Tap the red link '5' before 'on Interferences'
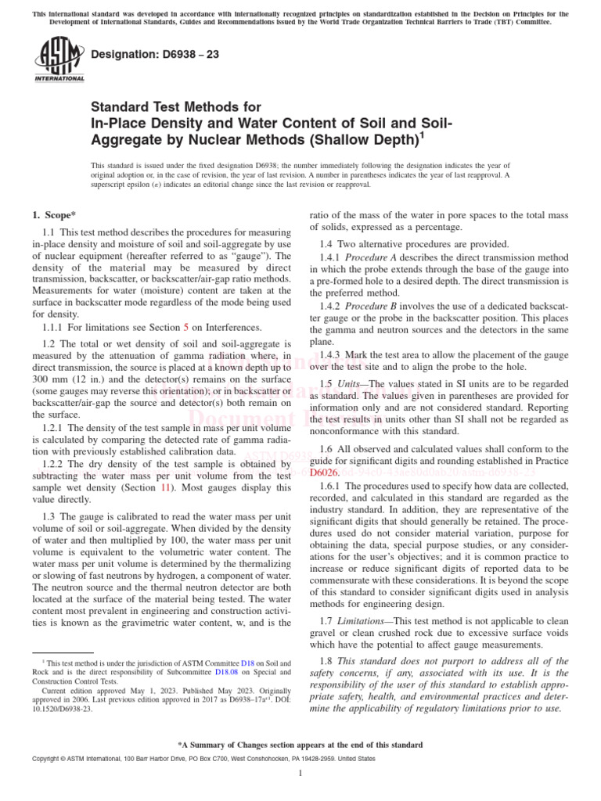click(185, 327)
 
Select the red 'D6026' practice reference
click(326, 473)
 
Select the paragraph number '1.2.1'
click(54, 429)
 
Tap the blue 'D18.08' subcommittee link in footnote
click(226, 671)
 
